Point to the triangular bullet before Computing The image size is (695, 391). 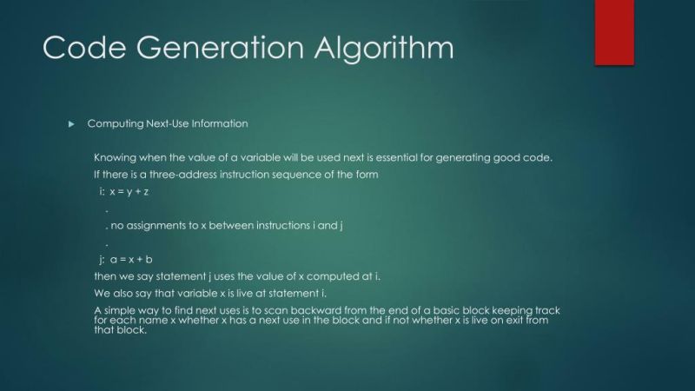[x=72, y=124]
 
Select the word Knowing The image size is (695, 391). [x=115, y=157]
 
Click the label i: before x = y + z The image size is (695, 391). [x=102, y=191]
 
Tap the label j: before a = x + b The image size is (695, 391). [x=102, y=259]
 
